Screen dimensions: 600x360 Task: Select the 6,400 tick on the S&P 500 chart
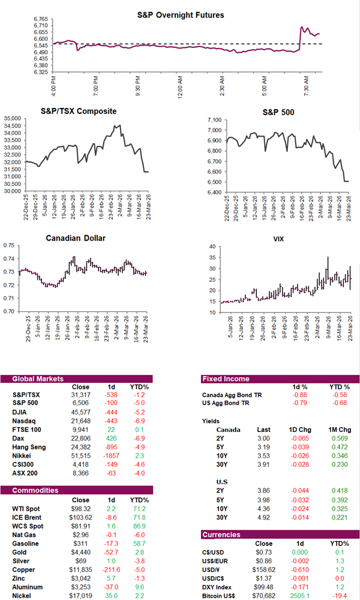(214, 192)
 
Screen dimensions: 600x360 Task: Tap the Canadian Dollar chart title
(76, 238)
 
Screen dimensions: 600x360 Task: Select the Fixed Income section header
(226, 379)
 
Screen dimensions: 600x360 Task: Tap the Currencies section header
(222, 534)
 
